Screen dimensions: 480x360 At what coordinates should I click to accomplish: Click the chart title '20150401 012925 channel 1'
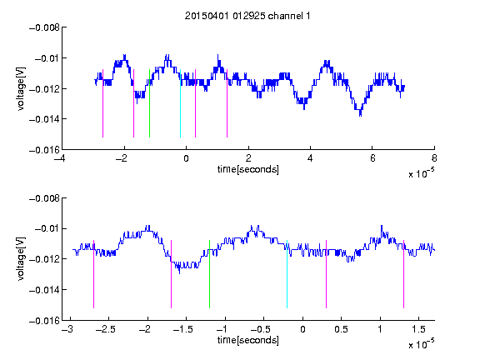247,16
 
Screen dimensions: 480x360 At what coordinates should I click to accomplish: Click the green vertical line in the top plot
149,103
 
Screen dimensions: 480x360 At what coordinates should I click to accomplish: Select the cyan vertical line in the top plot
180,103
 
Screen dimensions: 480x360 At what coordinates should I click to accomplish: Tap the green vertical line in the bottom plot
209,274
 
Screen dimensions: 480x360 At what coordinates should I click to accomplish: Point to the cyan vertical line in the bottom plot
287,274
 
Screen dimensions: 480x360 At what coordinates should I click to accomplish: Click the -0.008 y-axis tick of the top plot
44,27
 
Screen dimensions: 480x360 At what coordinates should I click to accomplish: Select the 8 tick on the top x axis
434,158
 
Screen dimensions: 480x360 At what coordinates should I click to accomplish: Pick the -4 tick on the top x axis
60,158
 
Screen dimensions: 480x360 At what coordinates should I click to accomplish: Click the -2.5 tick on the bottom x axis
106,329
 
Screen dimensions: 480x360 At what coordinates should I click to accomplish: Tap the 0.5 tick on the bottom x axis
341,329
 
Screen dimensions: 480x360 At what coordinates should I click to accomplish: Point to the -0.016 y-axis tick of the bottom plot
44,321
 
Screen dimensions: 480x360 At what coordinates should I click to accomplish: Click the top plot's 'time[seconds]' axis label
248,169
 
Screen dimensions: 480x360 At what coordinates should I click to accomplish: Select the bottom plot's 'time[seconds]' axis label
248,340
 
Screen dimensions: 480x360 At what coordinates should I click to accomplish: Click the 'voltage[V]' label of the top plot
21,89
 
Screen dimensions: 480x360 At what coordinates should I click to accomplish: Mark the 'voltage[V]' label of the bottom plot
21,259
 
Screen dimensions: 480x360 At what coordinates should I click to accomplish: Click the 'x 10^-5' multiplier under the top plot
421,173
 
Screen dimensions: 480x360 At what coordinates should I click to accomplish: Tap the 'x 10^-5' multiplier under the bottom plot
421,344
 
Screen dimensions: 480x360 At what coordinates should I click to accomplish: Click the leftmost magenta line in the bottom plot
93,274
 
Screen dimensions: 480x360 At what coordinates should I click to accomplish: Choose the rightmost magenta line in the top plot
227,103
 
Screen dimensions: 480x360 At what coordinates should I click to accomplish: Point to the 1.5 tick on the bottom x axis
418,329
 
